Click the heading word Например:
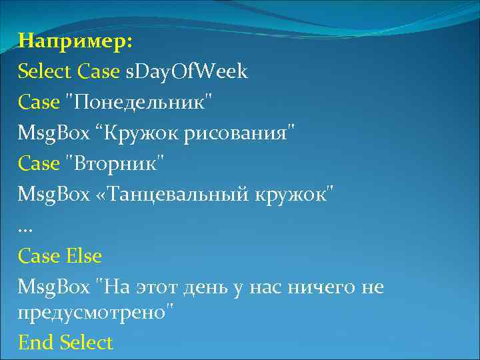coord(75,41)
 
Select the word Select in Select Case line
coord(45,71)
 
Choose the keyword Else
coord(83,255)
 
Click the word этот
coord(155,287)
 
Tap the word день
coord(207,287)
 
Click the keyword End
coord(36,343)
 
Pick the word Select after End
coord(86,343)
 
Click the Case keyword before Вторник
coord(39,163)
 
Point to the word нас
coord(267,287)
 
